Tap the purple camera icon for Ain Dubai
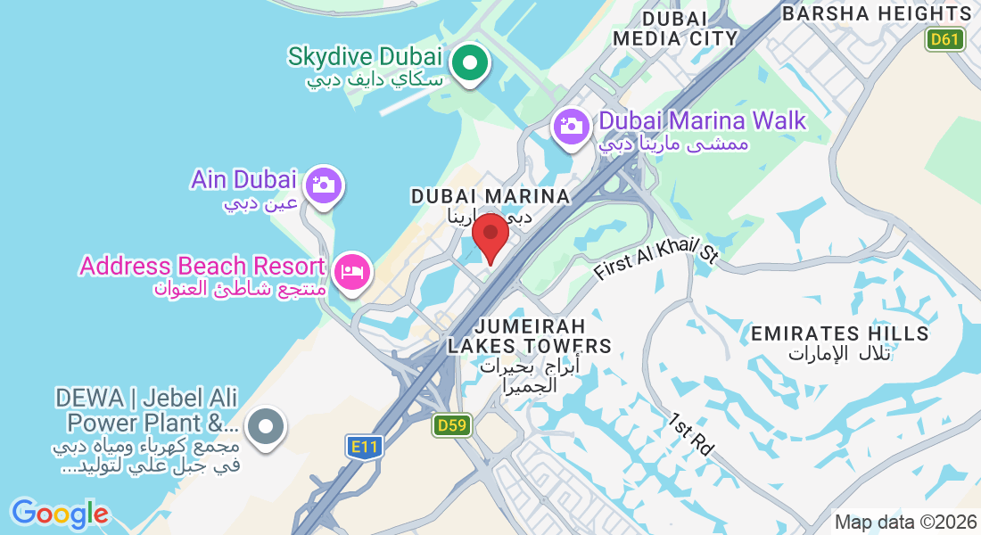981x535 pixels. pos(322,185)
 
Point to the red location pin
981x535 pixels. pos(490,235)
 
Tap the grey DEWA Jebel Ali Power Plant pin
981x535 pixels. pos(265,427)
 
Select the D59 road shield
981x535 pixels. pos(452,425)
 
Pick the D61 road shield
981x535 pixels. pos(944,39)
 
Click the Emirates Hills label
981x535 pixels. pos(840,333)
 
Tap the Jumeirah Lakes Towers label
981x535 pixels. pos(530,335)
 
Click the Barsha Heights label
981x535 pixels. pos(876,13)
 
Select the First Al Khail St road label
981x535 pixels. pos(655,259)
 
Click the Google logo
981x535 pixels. pos(60,514)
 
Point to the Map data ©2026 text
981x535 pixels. pos(905,523)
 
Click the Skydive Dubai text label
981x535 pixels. pos(365,57)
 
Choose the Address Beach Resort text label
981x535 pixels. pos(202,266)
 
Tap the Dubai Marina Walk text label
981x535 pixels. pos(703,120)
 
